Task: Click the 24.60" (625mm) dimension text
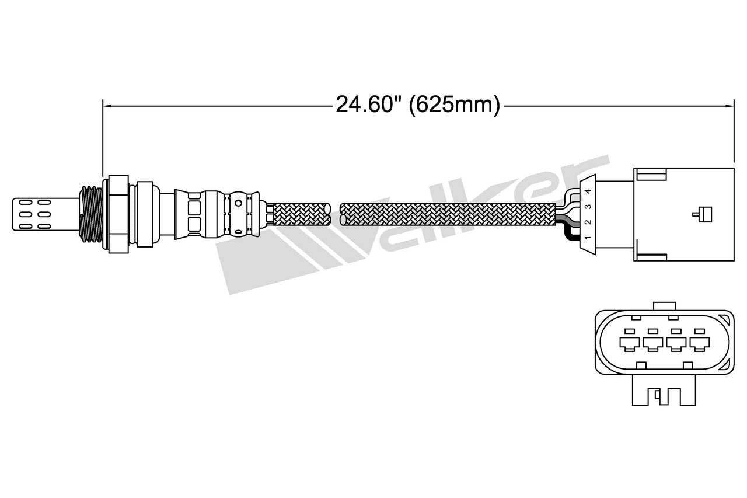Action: pyautogui.click(x=418, y=106)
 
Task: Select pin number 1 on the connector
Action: pyautogui.click(x=587, y=238)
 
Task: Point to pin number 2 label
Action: pyautogui.click(x=588, y=222)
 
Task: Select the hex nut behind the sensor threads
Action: pyautogui.click(x=117, y=214)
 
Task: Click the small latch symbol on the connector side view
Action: pyautogui.click(x=701, y=214)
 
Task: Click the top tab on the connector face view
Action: pyautogui.click(x=665, y=307)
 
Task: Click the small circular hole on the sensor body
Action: pyautogui.click(x=238, y=203)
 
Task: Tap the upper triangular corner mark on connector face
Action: pyautogui.click(x=724, y=318)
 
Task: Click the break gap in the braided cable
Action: pyautogui.click(x=336, y=214)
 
